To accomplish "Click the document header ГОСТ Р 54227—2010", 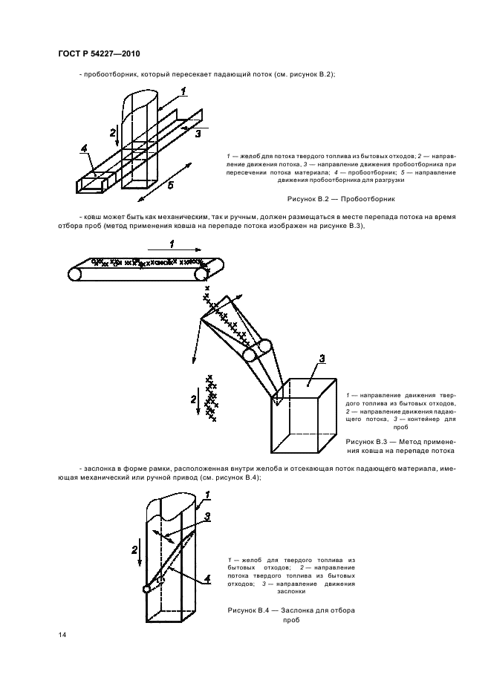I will coord(99,55).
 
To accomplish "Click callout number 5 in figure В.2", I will coord(169,186).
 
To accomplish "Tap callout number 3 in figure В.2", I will coord(198,134).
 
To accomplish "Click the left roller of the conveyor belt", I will coord(75,274).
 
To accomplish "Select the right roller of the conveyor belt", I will coord(201,274).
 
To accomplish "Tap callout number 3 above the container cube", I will coord(321,360).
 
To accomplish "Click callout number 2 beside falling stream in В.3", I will coord(193,400).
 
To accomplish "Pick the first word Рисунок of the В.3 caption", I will coord(361,441).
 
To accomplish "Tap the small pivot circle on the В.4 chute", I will coord(146,590).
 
